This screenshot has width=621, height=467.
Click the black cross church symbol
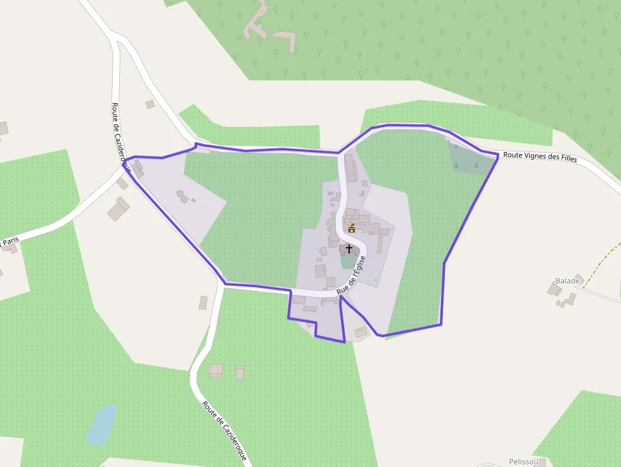349,249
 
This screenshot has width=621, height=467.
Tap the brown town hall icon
352,227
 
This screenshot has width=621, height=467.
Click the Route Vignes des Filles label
540,157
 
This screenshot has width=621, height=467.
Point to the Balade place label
567,280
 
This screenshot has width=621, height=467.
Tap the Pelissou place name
523,461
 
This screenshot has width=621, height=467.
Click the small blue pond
101,424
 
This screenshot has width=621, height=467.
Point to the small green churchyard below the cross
348,261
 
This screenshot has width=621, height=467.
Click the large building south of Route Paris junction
118,208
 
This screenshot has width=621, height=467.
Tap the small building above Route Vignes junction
150,104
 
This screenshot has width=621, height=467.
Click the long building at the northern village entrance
350,167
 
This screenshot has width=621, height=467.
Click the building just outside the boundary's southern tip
361,331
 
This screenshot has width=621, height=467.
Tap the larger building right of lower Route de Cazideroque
216,370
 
